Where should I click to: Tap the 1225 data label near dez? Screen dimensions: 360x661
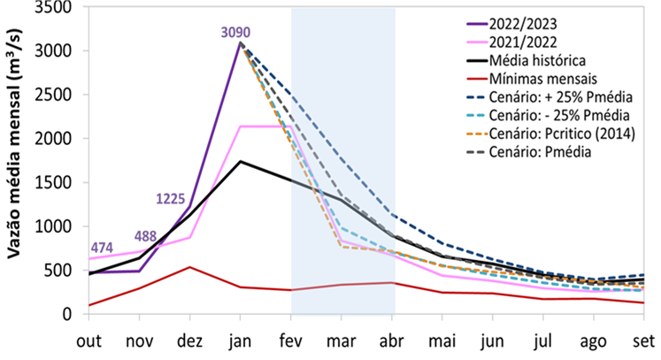click(171, 200)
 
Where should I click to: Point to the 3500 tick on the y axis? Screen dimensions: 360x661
click(58, 8)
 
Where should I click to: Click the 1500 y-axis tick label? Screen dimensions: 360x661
click(58, 182)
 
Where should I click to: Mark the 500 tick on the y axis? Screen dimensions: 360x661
click(63, 270)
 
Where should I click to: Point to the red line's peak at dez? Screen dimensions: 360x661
click(188, 267)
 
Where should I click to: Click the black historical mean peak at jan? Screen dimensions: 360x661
click(240, 162)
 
